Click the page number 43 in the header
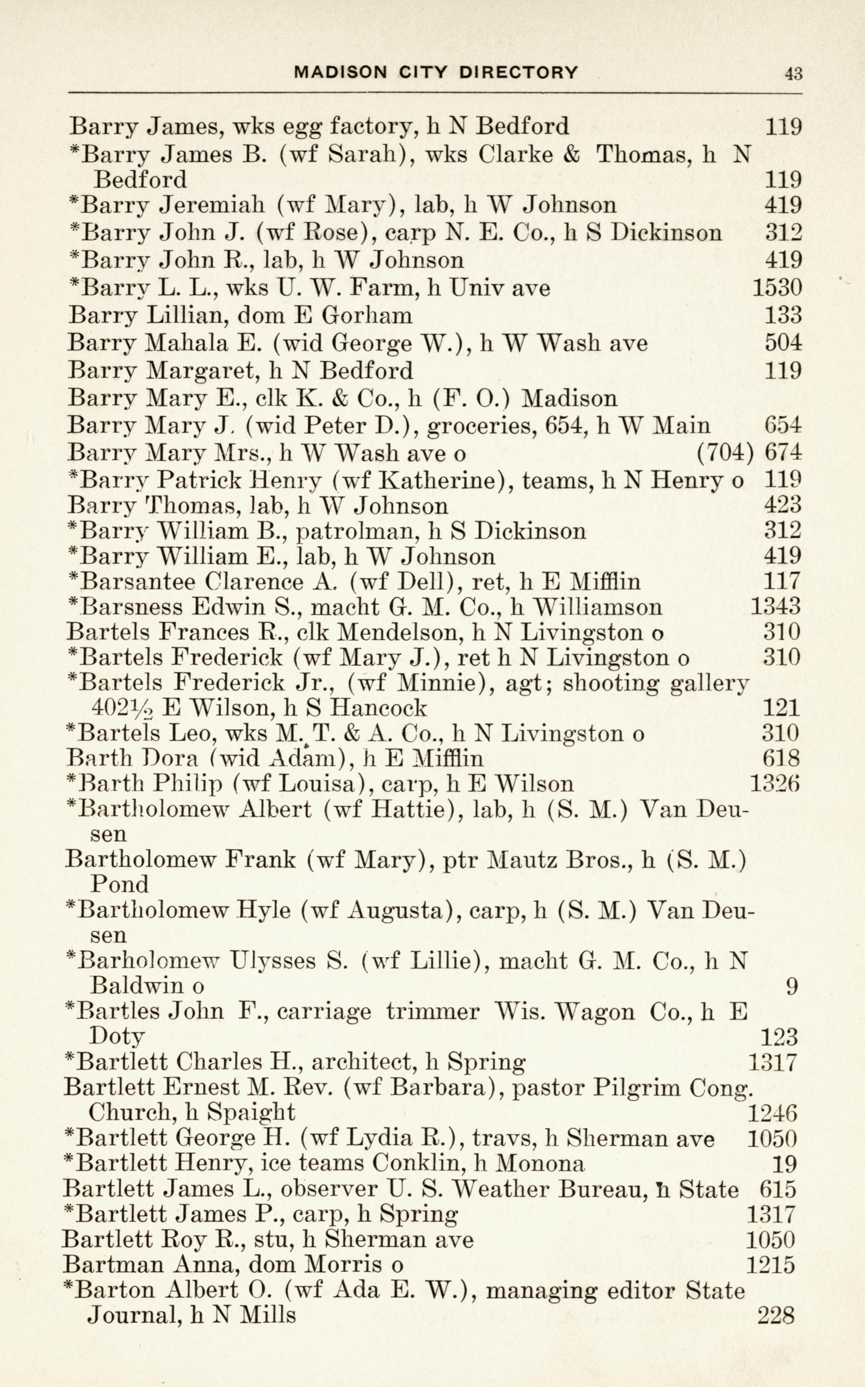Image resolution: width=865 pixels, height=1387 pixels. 794,74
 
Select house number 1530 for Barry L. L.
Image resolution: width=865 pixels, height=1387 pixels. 777,287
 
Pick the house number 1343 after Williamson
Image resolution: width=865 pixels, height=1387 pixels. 775,606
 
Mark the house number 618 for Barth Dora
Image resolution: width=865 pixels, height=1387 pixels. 781,758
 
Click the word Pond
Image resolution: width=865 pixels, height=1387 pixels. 119,884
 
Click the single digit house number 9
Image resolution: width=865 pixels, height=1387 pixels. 791,986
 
